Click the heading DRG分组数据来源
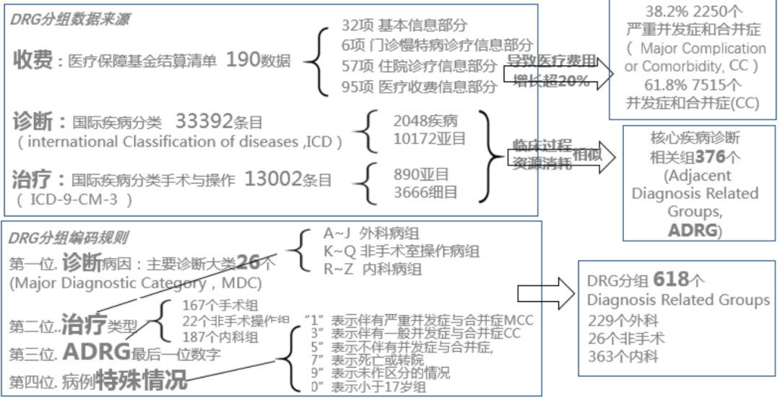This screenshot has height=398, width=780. click(70, 20)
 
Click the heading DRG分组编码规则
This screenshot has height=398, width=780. click(69, 238)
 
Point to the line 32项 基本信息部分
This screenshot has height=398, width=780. click(404, 26)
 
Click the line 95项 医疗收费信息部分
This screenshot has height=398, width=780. click(419, 87)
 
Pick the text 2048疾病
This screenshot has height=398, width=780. click(425, 121)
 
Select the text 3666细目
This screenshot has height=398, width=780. click(425, 192)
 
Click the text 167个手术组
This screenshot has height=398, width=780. click(221, 306)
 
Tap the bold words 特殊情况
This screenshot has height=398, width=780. click(142, 378)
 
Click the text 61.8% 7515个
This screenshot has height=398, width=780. click(692, 86)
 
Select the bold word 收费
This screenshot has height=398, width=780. click(32, 60)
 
